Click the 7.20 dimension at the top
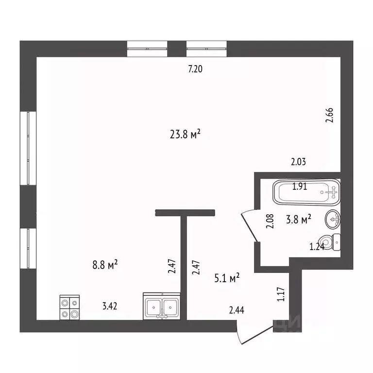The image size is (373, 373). click(195, 69)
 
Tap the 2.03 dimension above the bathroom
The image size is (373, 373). click(298, 162)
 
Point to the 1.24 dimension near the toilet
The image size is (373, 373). click(317, 247)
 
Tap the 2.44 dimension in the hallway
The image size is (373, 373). click(237, 308)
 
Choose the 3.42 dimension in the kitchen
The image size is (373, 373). click(109, 306)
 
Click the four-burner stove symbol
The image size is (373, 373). click(69, 308)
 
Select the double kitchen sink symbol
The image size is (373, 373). click(162, 306)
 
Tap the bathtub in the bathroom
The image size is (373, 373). click(306, 192)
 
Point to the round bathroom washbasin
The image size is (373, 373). click(333, 220)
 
